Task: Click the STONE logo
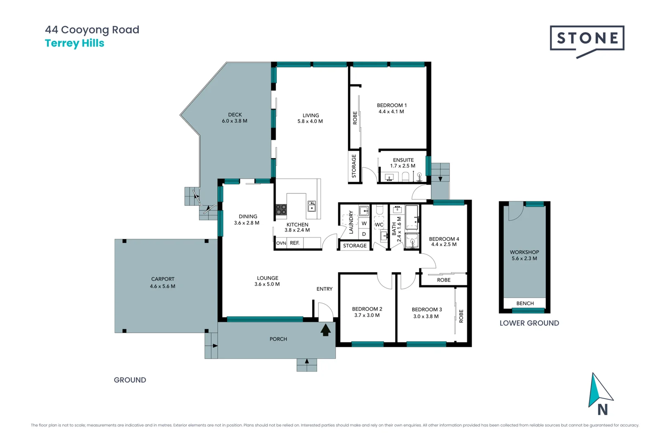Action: (x=587, y=39)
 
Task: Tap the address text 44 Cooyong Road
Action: (x=92, y=30)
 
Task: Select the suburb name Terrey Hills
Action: (x=74, y=43)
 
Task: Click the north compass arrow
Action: (x=600, y=390)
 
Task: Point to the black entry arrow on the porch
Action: (x=325, y=330)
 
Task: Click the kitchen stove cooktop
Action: (x=281, y=209)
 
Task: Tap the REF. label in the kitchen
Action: (x=294, y=243)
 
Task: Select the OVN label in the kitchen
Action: (x=281, y=243)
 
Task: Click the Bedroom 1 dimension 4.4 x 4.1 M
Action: (x=391, y=111)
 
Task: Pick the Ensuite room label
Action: (x=403, y=160)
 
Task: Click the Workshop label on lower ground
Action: (x=524, y=252)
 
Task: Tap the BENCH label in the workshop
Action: (x=525, y=303)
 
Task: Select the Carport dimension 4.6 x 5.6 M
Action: (x=162, y=286)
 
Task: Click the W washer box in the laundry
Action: (x=364, y=223)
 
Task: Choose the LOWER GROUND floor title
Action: (x=529, y=323)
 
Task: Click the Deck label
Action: (x=235, y=115)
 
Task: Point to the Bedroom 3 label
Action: (x=427, y=309)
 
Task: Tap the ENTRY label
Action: (x=324, y=289)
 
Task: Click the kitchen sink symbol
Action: (x=312, y=205)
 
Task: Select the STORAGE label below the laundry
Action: (x=355, y=246)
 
